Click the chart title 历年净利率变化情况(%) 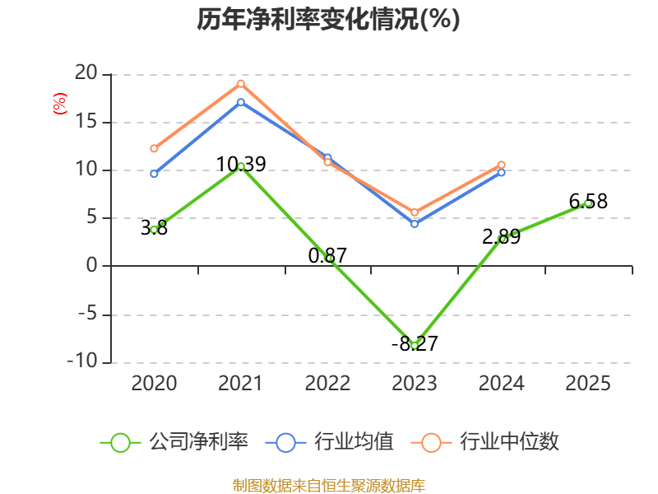(x=328, y=19)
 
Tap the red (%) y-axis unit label (x=59, y=104)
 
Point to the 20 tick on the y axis (x=86, y=73)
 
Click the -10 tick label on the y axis (x=82, y=361)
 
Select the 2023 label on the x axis (x=415, y=384)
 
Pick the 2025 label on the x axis (x=588, y=384)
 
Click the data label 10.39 (x=241, y=164)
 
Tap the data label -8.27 (x=415, y=343)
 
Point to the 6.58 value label (x=588, y=201)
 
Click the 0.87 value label (x=327, y=255)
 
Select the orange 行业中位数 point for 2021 (x=241, y=84)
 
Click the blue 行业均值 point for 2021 (x=241, y=102)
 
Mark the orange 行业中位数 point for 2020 (x=154, y=148)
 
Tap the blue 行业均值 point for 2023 (x=415, y=224)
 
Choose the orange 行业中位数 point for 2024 (x=501, y=165)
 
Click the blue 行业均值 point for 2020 (x=154, y=174)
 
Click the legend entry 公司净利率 (x=174, y=442)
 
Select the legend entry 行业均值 (x=330, y=442)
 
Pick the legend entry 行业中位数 (x=485, y=442)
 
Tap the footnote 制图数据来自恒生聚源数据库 (x=329, y=485)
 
